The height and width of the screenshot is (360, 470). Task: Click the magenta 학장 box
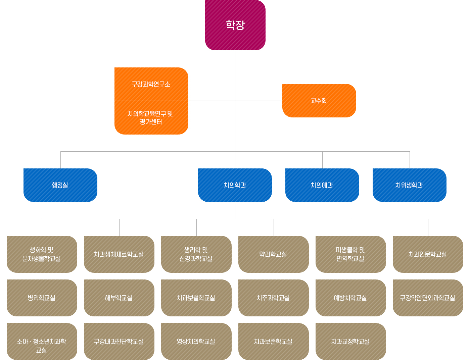235,25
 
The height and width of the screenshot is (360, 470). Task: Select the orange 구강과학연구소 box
151,84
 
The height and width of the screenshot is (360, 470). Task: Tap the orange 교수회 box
319,101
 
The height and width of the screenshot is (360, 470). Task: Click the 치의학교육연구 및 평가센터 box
151,118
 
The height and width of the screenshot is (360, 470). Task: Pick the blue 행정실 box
60,185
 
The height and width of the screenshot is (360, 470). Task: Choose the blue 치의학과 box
235,185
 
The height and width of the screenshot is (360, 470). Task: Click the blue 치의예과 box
322,185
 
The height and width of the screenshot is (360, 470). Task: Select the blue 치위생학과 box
410,185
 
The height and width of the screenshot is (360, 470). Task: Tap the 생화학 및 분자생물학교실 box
42,254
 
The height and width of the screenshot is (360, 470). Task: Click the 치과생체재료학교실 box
119,254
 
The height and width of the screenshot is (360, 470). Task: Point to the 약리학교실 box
274,254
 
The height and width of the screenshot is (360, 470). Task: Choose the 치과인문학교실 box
428,254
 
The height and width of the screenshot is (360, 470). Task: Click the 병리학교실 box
42,298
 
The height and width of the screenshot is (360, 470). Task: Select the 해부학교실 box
119,298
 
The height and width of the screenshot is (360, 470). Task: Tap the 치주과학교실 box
274,298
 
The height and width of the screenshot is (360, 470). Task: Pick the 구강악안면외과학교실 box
428,298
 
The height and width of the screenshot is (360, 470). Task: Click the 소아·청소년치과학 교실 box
42,342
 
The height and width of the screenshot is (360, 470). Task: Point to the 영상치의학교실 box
196,342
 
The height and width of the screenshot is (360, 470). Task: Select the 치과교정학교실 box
351,342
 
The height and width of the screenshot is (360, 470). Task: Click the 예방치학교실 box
351,298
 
